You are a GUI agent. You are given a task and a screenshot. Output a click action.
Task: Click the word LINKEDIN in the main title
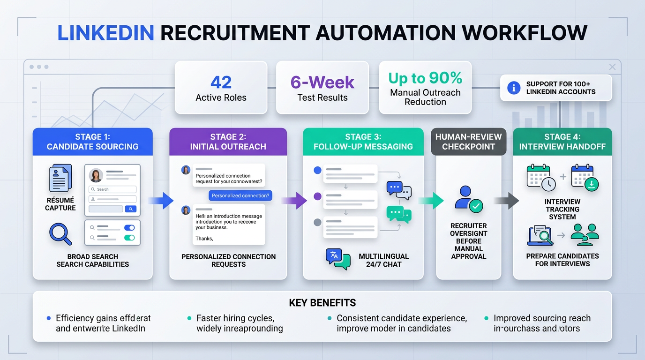pos(105,33)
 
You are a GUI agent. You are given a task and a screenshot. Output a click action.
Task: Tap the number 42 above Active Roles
pos(221,82)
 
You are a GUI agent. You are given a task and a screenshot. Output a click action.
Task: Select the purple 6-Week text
pos(322,82)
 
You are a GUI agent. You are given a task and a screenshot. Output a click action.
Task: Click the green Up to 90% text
pos(425,78)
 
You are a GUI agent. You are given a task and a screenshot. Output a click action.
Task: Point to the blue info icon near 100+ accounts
pos(514,88)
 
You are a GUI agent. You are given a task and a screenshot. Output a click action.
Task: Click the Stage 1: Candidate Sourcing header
pos(92,142)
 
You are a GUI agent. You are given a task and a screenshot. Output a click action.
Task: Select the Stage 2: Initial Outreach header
pos(228,142)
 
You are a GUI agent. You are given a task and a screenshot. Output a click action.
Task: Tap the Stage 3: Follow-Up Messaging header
pos(363,142)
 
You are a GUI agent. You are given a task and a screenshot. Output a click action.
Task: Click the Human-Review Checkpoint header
pos(468,142)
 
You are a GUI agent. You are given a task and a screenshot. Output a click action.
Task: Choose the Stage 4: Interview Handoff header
pos(562,142)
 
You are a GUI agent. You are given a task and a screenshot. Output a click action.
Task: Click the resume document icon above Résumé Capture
pos(60,178)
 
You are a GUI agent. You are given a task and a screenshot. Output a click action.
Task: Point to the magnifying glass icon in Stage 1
pos(60,234)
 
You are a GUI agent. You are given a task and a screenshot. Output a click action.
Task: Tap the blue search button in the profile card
pos(131,209)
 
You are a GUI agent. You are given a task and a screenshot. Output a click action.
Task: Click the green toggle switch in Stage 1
pos(129,238)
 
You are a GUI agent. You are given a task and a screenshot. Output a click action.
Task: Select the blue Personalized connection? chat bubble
pos(240,195)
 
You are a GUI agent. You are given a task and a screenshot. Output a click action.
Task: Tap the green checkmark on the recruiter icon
pos(476,206)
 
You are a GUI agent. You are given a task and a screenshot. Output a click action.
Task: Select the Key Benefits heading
pos(322,302)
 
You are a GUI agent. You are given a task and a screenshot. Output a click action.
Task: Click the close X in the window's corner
pos(612,67)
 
